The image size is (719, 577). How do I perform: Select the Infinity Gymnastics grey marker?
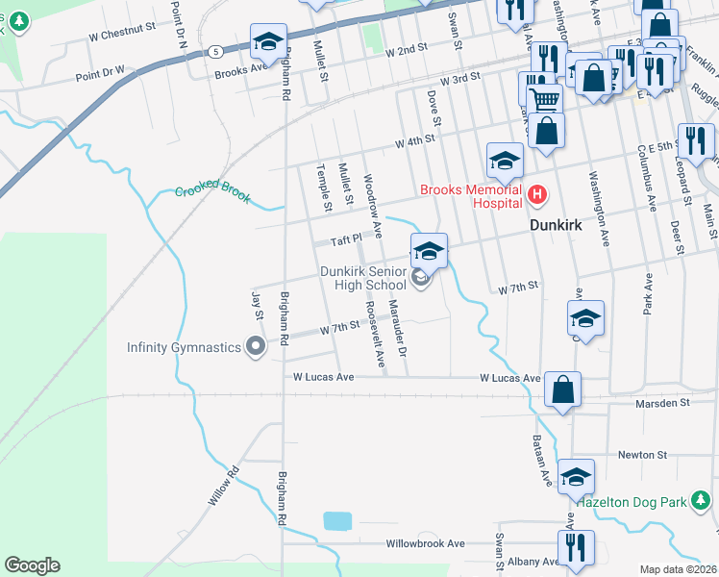point(255,345)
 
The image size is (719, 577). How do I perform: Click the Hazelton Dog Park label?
point(631,501)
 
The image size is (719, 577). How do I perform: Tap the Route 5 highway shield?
point(218,51)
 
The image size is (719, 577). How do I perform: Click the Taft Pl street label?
point(345,238)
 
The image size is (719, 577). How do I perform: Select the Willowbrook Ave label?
point(426,543)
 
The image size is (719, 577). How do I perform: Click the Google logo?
point(32,565)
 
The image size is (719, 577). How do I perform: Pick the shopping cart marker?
point(545,97)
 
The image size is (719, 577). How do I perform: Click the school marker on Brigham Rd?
point(268,42)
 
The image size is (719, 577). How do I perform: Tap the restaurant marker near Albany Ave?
point(576,548)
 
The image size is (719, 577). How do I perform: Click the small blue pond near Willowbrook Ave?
point(337,521)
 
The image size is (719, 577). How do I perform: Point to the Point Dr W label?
point(101,70)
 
